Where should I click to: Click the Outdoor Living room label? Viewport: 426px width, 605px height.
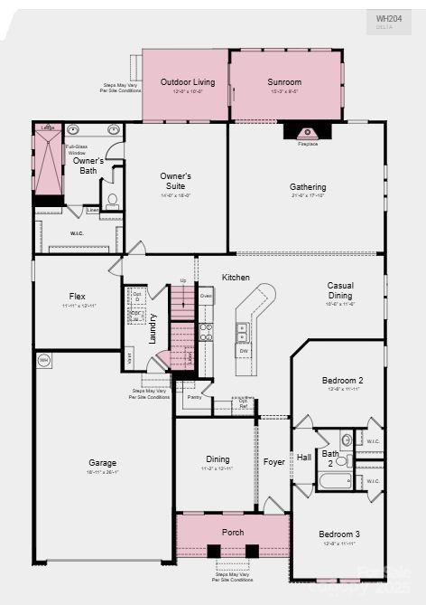[x=188, y=82]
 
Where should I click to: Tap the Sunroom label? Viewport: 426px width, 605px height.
[x=284, y=82]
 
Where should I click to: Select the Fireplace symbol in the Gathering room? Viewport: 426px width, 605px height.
[x=308, y=131]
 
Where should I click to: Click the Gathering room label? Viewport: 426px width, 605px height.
[x=308, y=187]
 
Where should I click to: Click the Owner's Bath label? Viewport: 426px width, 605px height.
[x=88, y=165]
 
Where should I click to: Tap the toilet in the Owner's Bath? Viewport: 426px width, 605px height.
[x=112, y=200]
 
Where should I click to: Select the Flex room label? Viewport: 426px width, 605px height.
[x=78, y=296]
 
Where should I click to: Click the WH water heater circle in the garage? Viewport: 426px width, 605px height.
[x=43, y=360]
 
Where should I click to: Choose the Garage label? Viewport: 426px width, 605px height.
[x=102, y=462]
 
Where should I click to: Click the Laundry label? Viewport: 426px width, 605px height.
[x=153, y=326]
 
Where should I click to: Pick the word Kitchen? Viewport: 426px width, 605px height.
[x=236, y=277]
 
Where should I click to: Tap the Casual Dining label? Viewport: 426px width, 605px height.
[x=340, y=290]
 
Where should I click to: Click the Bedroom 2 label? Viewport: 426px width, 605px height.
[x=342, y=381]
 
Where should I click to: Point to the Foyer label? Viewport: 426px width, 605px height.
[x=273, y=461]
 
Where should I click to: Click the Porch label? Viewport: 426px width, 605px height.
[x=233, y=532]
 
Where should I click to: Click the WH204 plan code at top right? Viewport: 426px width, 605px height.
[x=388, y=18]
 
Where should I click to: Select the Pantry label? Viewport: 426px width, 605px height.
[x=194, y=396]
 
